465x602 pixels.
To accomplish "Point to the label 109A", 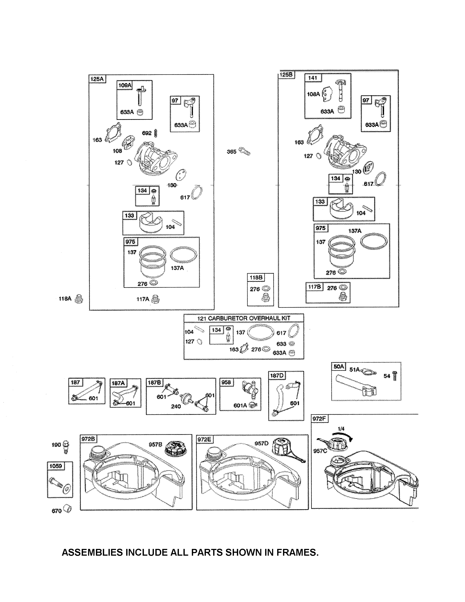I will coord(125,85).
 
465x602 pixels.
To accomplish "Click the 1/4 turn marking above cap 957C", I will coord(341,429).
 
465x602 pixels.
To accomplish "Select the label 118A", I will coord(65,298).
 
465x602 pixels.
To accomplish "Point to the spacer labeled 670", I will coord(67,509).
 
